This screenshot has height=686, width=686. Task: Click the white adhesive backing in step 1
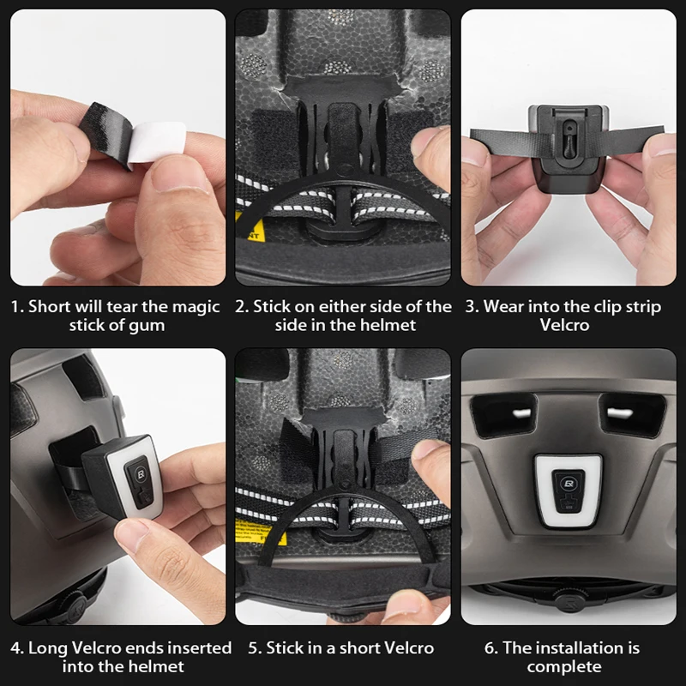157,141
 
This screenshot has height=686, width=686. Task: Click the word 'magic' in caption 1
196,307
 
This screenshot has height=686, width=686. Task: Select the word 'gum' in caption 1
149,326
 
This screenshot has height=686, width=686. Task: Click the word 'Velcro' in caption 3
564,325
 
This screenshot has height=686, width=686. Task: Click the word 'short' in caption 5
359,648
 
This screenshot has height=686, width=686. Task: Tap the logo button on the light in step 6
569,484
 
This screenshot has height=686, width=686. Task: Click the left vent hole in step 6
504,414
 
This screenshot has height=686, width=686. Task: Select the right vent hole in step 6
632,414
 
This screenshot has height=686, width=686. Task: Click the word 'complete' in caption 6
564,667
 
